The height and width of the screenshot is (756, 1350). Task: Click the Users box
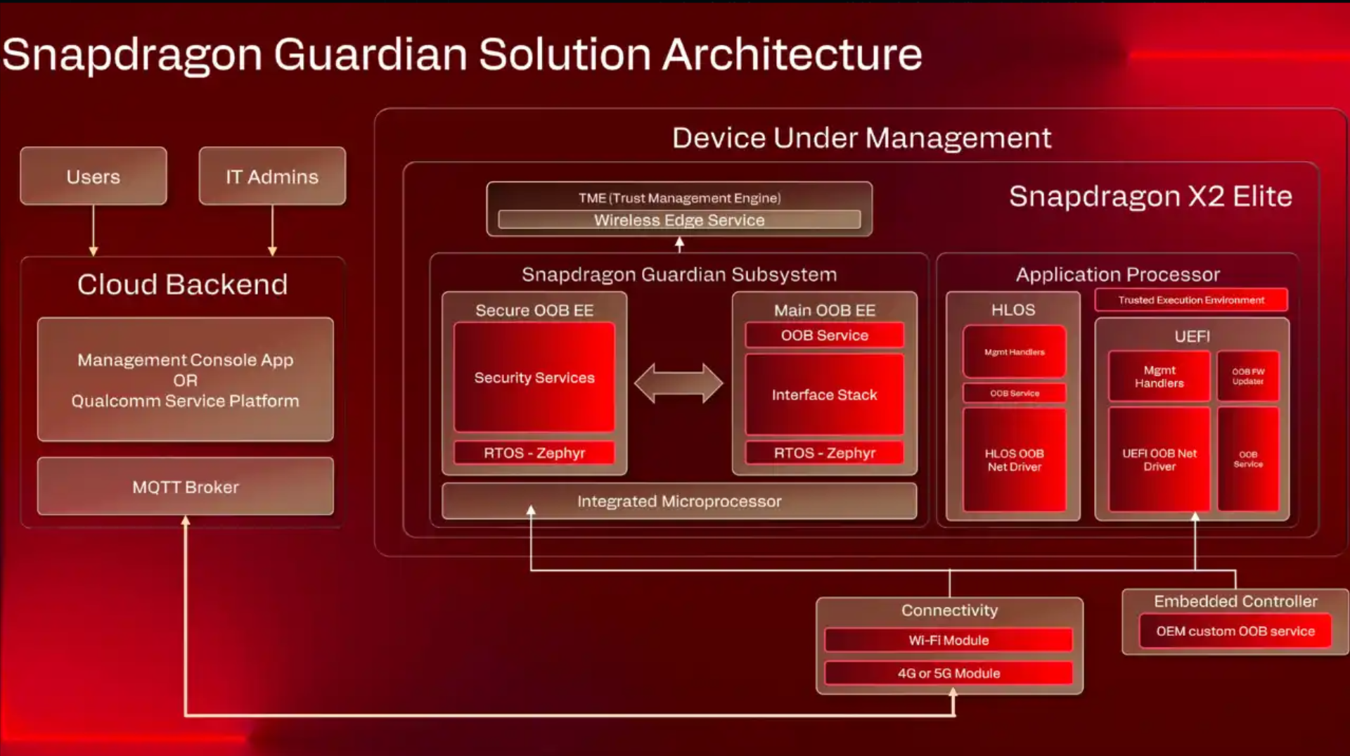94,176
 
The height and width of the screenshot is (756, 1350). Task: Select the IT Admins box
272,176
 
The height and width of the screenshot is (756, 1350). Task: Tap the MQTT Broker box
186,487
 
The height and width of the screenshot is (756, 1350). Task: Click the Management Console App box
186,380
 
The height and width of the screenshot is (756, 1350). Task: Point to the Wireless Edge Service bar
679,220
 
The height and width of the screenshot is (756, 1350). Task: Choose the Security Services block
534,378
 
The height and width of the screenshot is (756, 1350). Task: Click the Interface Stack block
824,395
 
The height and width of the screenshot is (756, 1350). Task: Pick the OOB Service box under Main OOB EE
824,335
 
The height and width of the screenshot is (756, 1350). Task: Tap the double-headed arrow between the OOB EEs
679,383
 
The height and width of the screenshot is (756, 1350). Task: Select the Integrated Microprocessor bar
679,501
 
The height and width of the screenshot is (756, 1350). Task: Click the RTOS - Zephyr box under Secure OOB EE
534,453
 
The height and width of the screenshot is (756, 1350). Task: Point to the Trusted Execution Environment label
1191,300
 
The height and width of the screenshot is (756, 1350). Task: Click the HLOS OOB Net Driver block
1014,460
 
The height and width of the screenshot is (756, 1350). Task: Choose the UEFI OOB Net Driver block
1159,460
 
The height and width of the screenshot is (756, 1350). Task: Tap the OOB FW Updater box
1248,376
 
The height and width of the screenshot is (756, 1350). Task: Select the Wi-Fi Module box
949,640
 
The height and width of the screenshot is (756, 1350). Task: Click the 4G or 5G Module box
949,673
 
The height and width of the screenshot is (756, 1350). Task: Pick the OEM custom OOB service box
1235,631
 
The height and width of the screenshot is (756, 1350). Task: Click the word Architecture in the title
792,55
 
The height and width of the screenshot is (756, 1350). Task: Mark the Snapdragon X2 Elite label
1150,196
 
